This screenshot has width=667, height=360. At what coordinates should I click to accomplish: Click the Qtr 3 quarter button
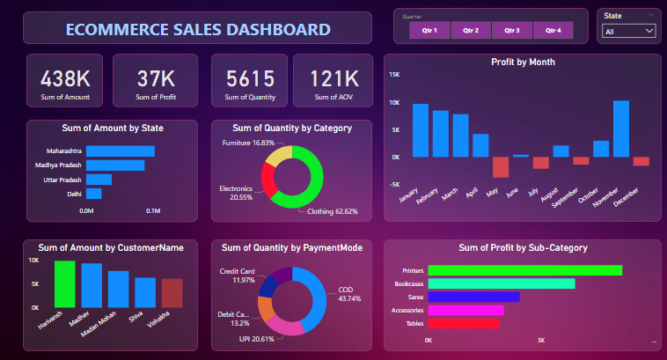tap(512, 30)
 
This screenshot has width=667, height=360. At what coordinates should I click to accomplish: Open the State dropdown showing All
tap(627, 31)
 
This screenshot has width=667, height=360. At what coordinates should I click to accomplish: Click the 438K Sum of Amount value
tap(64, 78)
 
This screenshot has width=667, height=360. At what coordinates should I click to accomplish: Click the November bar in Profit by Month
tap(620, 129)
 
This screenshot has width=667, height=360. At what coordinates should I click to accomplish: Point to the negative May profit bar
tap(501, 167)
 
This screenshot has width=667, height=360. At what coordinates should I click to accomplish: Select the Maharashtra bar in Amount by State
tap(119, 151)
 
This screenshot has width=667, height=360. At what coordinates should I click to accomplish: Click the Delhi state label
tap(74, 194)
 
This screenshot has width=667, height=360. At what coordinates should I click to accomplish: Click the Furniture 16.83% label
tap(247, 143)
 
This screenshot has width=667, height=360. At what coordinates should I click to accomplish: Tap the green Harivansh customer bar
tap(64, 283)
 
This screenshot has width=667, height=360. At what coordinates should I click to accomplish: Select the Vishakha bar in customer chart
tap(172, 292)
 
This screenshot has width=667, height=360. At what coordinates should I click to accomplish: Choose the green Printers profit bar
tap(524, 270)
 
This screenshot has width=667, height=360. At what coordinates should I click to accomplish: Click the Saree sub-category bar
tap(473, 297)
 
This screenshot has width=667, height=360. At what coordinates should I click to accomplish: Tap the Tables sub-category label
tap(413, 323)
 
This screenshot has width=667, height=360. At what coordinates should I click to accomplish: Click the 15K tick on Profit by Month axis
tap(394, 75)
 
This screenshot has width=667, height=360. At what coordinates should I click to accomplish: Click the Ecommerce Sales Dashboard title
tap(198, 29)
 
